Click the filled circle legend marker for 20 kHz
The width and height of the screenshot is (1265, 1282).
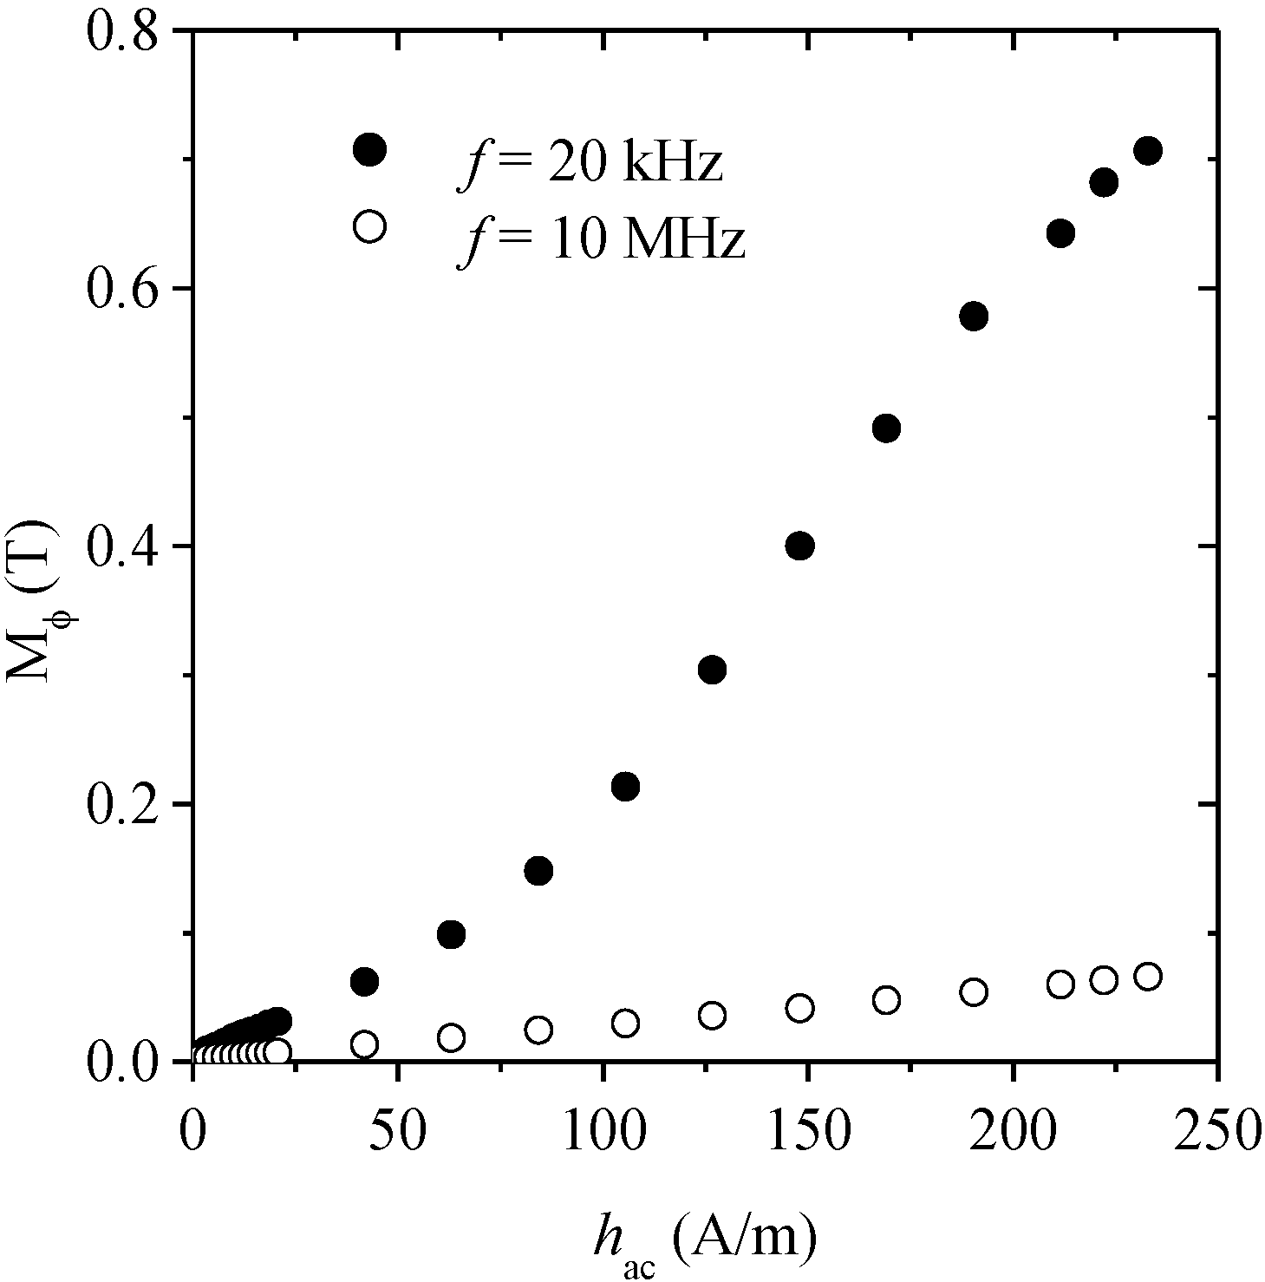pyautogui.click(x=369, y=150)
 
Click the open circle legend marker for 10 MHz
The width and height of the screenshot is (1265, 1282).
pyautogui.click(x=369, y=227)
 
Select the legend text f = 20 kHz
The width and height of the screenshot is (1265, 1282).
pyautogui.click(x=590, y=164)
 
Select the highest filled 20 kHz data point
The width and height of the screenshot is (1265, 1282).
pyautogui.click(x=1148, y=151)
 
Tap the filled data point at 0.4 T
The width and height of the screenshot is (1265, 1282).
pyautogui.click(x=799, y=546)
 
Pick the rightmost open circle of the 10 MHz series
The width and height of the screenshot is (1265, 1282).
pyautogui.click(x=1148, y=977)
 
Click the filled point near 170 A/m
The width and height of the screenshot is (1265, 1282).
pyautogui.click(x=886, y=428)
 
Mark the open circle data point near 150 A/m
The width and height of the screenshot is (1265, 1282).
pyautogui.click(x=799, y=1008)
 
